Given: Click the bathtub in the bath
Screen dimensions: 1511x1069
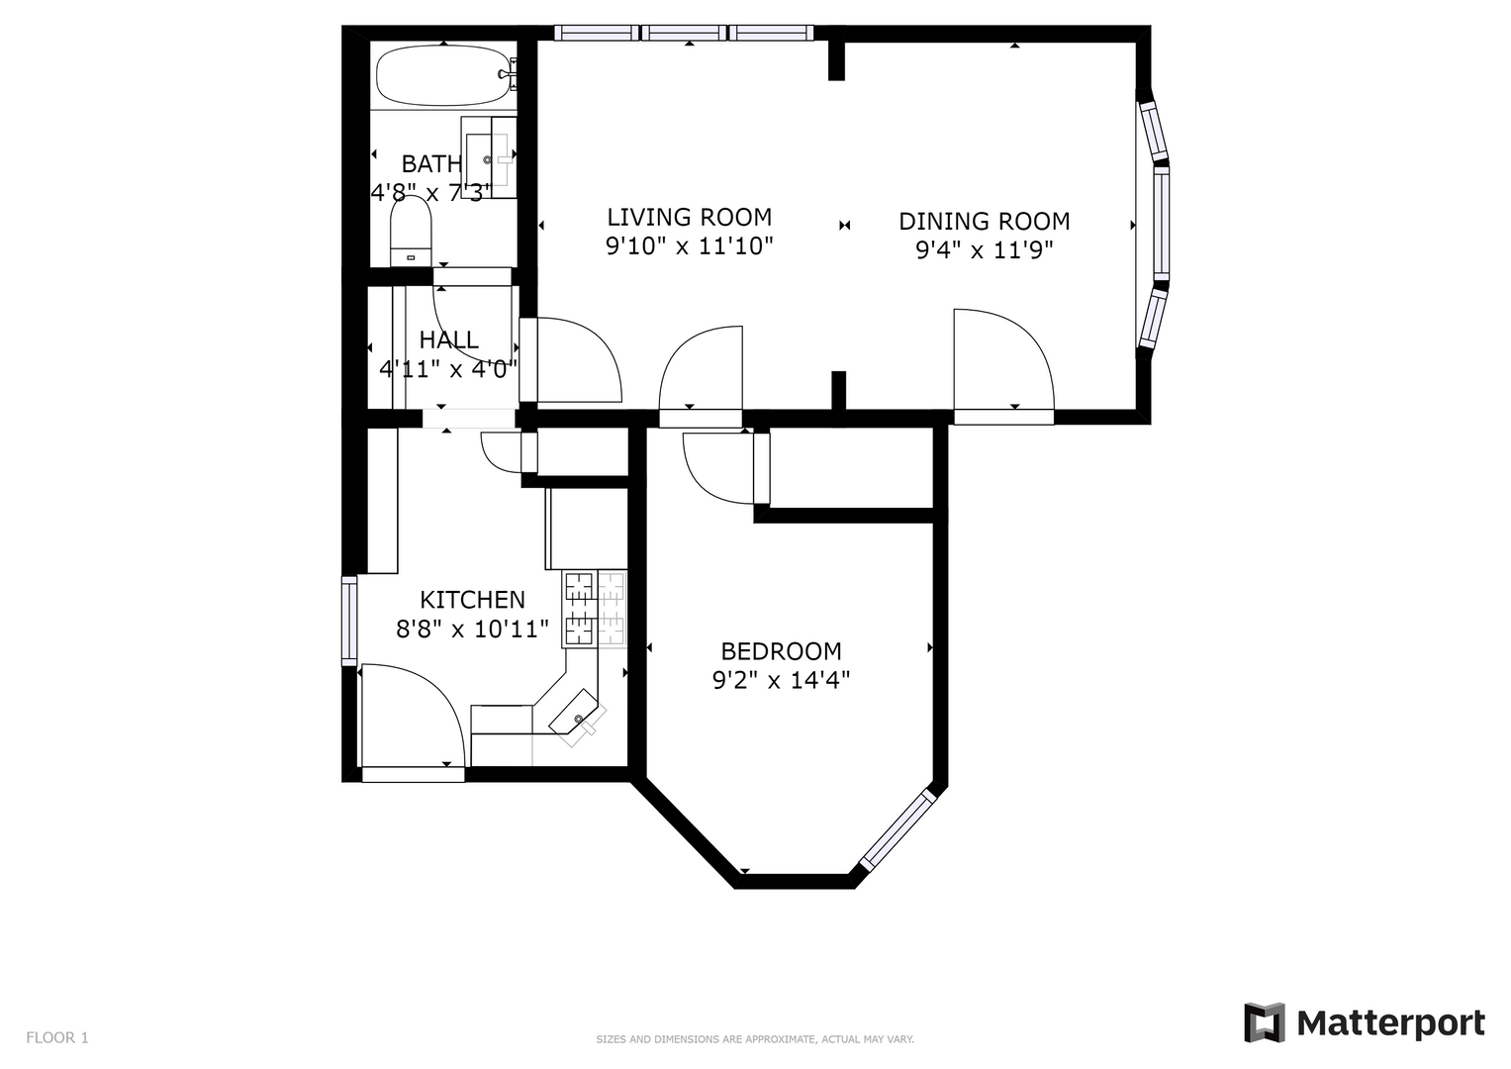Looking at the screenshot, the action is pos(442,75).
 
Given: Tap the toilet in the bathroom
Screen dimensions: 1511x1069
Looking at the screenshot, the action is pos(411,232).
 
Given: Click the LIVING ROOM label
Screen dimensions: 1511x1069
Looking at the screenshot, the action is pos(689,218).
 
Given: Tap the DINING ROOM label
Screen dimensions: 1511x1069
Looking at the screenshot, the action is pos(985,222).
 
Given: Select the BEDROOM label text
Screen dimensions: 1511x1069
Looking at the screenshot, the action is pos(781,651).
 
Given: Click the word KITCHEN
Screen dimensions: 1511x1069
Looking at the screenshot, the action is pos(472,599).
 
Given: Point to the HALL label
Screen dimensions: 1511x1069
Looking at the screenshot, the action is pos(449,340).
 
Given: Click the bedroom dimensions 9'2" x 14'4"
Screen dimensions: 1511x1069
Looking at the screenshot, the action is pos(781,680).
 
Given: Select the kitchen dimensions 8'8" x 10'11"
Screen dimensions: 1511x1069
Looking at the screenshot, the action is pos(472,629).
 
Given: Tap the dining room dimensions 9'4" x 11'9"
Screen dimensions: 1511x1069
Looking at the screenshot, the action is pos(985,250).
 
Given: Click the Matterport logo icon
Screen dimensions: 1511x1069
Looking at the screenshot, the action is pos(1264,1022).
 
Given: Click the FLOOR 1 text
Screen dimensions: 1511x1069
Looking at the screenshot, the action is pos(57,1038).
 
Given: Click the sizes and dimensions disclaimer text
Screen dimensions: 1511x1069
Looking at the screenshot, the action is pos(755,1039).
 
